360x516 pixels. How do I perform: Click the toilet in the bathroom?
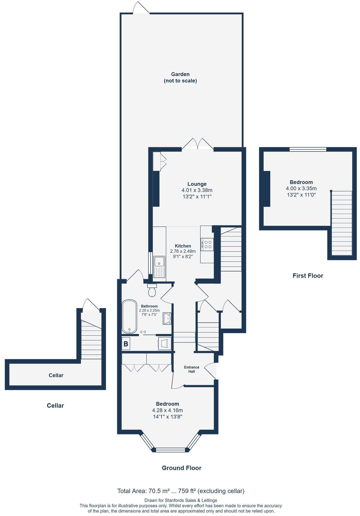pos(152,290)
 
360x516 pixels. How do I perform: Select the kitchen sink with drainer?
pos(159,267)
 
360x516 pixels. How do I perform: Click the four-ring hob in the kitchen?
pos(207,244)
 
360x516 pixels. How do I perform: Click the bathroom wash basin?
pos(167,319)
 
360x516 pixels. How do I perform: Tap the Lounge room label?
pos(197,184)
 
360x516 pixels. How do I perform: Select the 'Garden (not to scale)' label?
pos(180,77)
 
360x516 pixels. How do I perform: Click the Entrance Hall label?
pos(191,369)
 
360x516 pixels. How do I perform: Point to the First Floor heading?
pos(307,276)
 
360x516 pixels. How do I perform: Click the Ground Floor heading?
pos(181,468)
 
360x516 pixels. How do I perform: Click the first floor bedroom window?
pos(308,149)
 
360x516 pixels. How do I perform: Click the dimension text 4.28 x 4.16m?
pos(167,410)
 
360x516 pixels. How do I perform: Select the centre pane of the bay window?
pos(171,450)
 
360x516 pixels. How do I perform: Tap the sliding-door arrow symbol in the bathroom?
pos(143,332)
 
